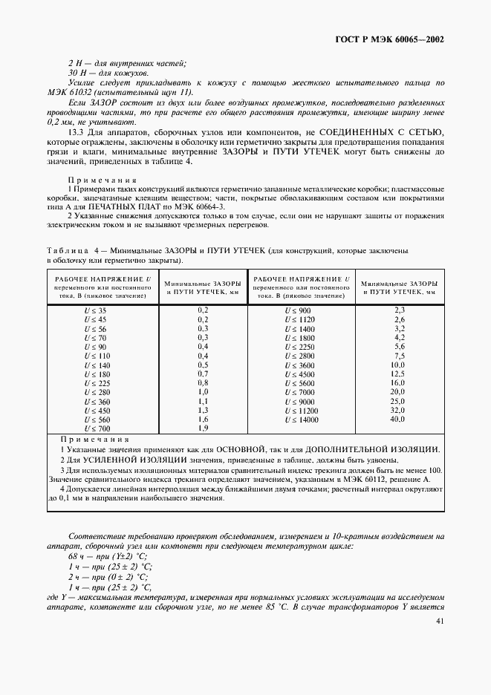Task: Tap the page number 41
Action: (440, 621)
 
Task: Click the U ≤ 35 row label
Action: (97, 309)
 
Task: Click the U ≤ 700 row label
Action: (97, 429)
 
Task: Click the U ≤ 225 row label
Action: (97, 383)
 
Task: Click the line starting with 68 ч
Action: (108, 556)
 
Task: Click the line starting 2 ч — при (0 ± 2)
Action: (108, 576)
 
